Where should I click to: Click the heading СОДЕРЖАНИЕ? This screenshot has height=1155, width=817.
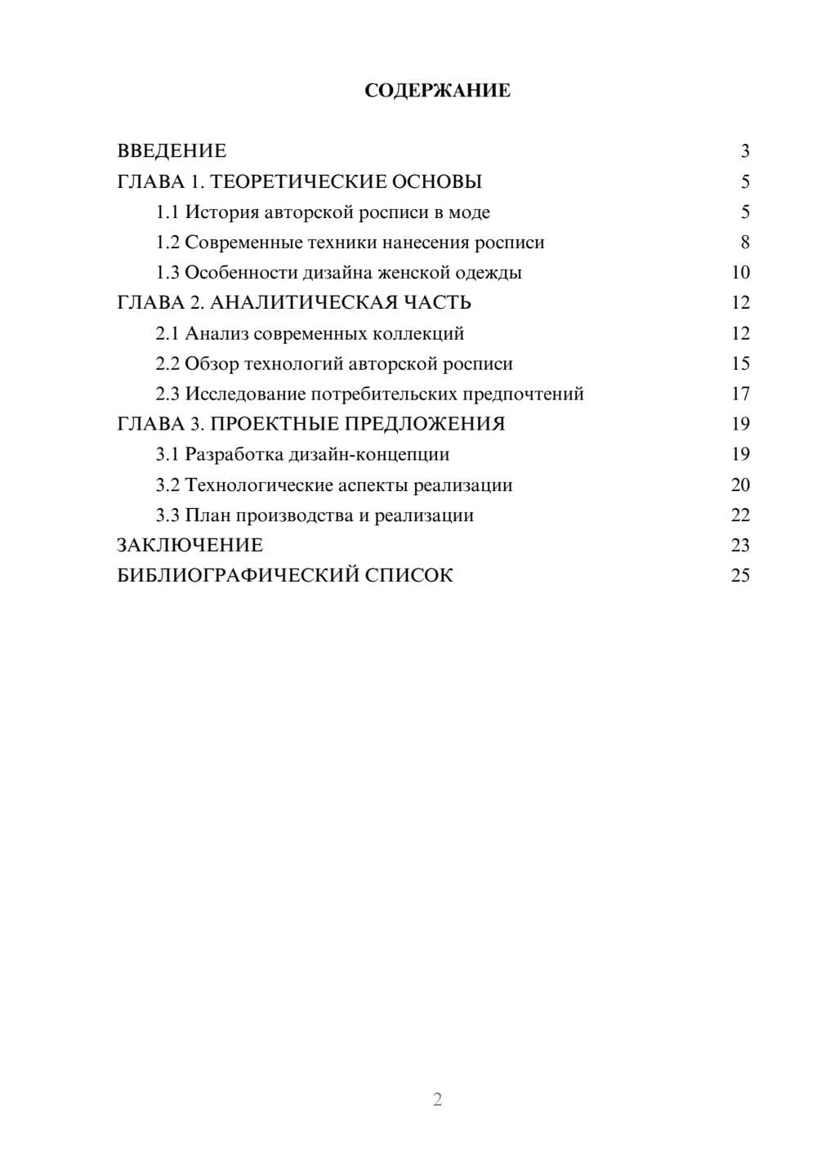pyautogui.click(x=437, y=91)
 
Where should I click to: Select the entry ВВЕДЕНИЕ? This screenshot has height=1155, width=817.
pyautogui.click(x=172, y=151)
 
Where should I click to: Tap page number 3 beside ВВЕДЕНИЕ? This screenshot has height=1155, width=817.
pyautogui.click(x=744, y=151)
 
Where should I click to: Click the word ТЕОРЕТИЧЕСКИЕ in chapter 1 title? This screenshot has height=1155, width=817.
pyautogui.click(x=293, y=181)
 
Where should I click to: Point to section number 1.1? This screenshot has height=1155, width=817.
pyautogui.click(x=167, y=212)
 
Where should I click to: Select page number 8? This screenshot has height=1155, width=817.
pyautogui.click(x=744, y=243)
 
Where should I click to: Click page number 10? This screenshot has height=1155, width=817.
pyautogui.click(x=740, y=273)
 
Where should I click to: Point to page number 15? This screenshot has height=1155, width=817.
pyautogui.click(x=740, y=363)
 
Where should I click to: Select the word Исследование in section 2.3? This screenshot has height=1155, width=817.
pyautogui.click(x=245, y=394)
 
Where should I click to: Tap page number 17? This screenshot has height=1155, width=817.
pyautogui.click(x=740, y=394)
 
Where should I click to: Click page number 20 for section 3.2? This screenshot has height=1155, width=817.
pyautogui.click(x=740, y=485)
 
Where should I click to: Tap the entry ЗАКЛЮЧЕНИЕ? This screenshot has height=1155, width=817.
pyautogui.click(x=190, y=546)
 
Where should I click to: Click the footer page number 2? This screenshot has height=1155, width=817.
pyautogui.click(x=437, y=1099)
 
